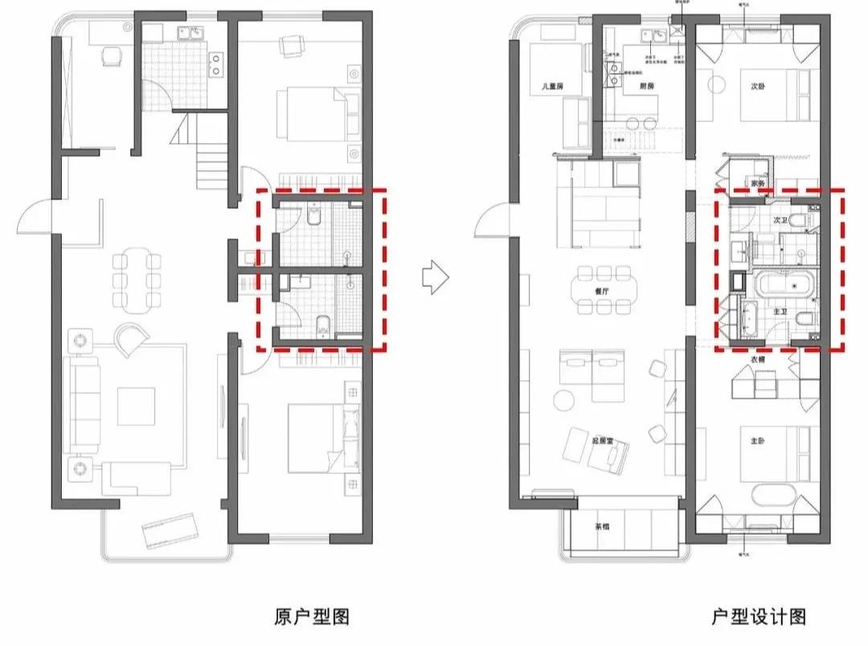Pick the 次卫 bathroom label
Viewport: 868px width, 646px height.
click(x=780, y=219)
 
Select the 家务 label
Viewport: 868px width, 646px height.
click(x=757, y=182)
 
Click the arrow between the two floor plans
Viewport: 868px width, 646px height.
click(x=435, y=277)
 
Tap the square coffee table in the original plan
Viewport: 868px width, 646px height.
click(x=136, y=406)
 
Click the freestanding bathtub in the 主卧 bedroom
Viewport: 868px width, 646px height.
click(x=775, y=494)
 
